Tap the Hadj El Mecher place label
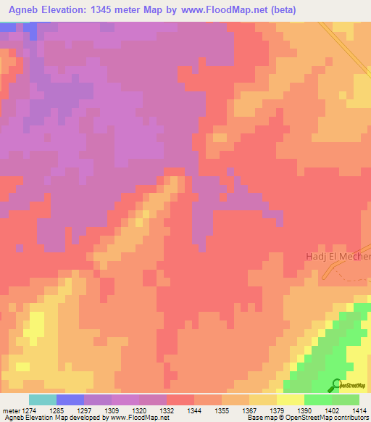pyautogui.click(x=336, y=257)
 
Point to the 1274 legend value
pyautogui.click(x=30, y=410)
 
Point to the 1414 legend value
pyautogui.click(x=359, y=410)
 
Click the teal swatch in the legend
pyautogui.click(x=43, y=400)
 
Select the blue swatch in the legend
pyautogui.click(x=70, y=400)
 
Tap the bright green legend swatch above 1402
pyautogui.click(x=318, y=400)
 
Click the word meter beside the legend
pyautogui.click(x=9, y=410)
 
